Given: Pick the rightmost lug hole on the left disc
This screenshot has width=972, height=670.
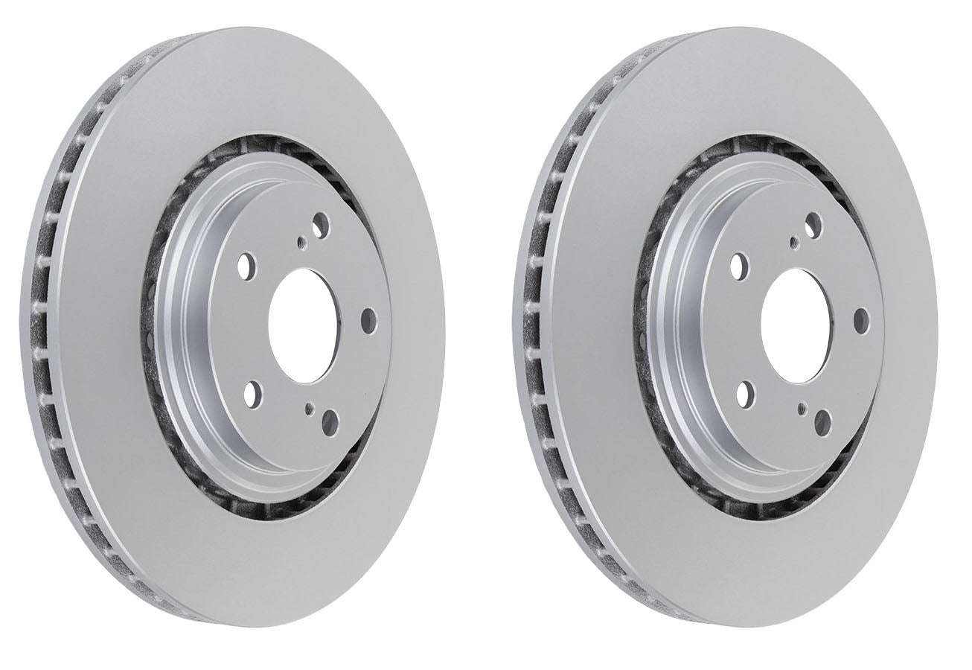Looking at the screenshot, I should tap(368, 321).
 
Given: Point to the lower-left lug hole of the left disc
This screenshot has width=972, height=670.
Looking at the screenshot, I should tap(251, 392).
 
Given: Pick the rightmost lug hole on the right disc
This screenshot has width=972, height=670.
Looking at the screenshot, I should tap(861, 320).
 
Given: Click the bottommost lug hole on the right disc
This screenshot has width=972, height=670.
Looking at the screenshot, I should tap(823, 422).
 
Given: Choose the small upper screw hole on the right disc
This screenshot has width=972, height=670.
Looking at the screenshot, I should tap(794, 240).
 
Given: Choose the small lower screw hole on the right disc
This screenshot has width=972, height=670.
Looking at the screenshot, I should tap(802, 406).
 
